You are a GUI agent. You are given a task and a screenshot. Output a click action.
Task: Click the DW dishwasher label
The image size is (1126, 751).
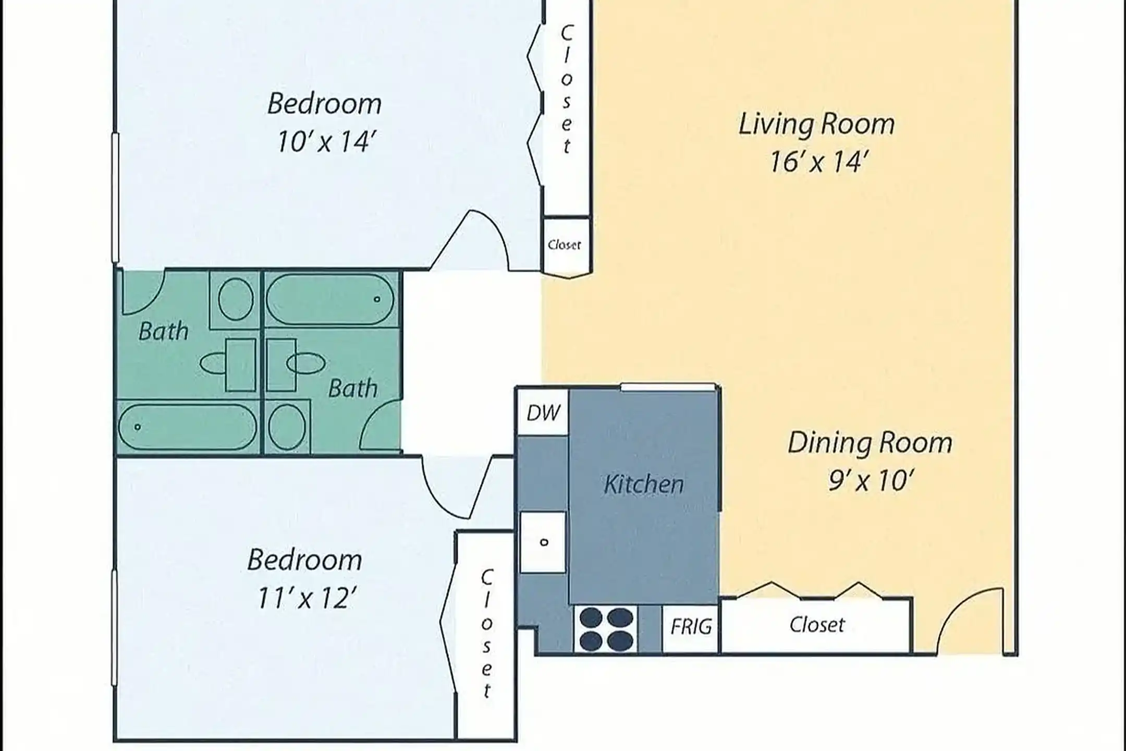pyautogui.click(x=543, y=413)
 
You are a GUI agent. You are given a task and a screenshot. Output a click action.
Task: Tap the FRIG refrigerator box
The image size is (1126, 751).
pyautogui.click(x=691, y=628)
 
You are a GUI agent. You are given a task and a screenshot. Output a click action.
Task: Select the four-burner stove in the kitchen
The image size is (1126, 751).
pyautogui.click(x=606, y=629)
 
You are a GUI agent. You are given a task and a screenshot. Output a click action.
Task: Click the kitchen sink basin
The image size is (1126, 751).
pyautogui.click(x=543, y=542)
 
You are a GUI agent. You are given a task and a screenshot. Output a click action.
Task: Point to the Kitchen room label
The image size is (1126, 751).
pyautogui.click(x=644, y=484)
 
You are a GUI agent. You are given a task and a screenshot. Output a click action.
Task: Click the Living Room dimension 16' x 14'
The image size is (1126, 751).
pyautogui.click(x=817, y=162)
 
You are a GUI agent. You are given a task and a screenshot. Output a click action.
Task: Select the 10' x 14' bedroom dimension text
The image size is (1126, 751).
pyautogui.click(x=325, y=142)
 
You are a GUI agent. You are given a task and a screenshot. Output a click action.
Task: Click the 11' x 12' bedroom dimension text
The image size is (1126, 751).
pyautogui.click(x=307, y=598)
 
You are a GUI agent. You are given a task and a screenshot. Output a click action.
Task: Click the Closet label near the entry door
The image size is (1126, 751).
pyautogui.click(x=817, y=625)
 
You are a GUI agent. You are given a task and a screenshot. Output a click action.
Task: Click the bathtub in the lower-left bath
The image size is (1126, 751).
pyautogui.click(x=188, y=427)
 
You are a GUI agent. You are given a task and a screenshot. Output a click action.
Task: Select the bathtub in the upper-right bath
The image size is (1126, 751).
pyautogui.click(x=330, y=299)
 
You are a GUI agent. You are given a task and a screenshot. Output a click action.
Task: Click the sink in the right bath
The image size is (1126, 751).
pyautogui.click(x=305, y=363)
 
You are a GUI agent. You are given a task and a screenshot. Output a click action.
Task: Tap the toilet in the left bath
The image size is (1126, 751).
pyautogui.click(x=236, y=299)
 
